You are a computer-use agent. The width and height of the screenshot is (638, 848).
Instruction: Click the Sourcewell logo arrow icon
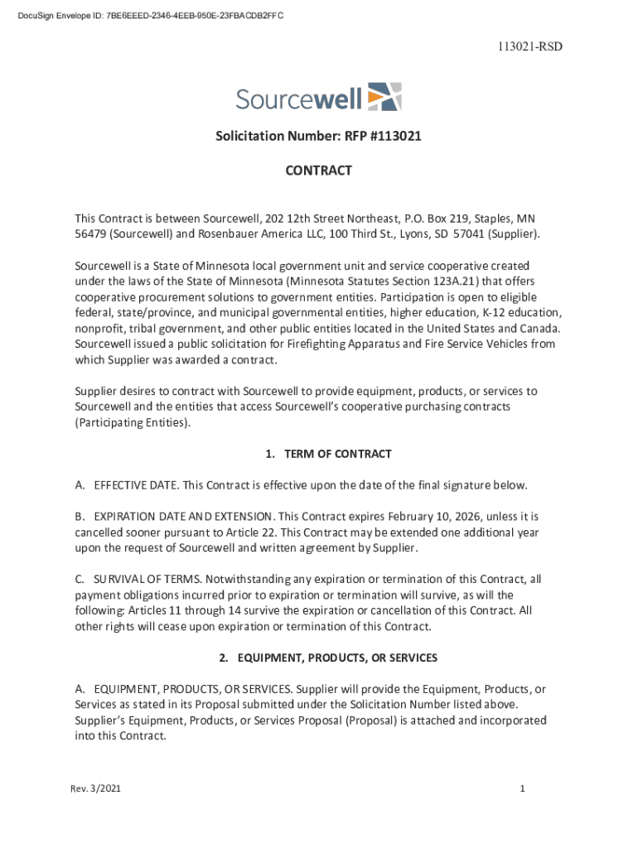pos(384,96)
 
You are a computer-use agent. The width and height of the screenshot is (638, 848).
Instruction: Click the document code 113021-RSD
pos(529,46)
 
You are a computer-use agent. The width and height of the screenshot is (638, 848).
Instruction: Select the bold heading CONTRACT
pos(319,171)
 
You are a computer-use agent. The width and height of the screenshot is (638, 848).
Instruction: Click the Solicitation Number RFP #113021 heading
pos(319,136)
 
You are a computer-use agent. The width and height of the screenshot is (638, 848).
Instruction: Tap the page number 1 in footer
pos(522,789)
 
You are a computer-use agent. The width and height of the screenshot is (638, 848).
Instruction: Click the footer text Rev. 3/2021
pos(96,789)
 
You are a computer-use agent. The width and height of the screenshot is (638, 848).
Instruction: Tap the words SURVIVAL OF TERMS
pos(147,580)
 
